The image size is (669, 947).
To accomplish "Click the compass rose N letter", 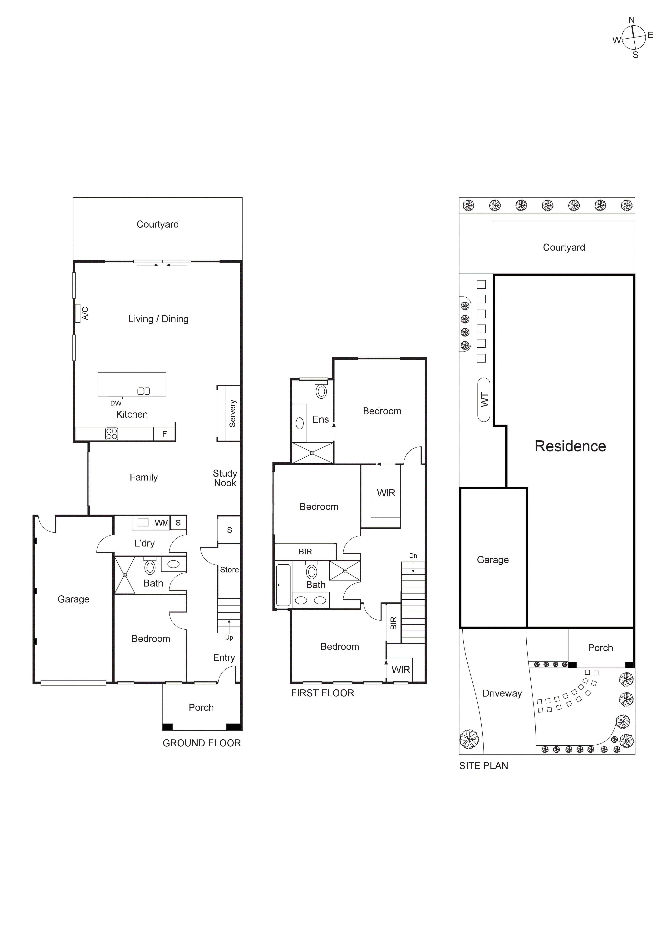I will (632, 20).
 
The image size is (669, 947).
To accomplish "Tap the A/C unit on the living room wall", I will (77, 313).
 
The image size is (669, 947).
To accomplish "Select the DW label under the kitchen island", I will (116, 403).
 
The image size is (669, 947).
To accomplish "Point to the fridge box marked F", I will (165, 434).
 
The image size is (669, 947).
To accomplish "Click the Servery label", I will (233, 413).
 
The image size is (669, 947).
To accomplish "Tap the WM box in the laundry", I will (162, 523).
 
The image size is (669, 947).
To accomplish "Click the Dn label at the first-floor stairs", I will (413, 556).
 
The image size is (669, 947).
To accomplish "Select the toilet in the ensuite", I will (321, 391).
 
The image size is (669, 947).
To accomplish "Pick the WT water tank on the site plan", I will (484, 400).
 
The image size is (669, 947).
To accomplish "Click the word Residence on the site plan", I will (570, 446).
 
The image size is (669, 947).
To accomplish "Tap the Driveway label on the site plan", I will (502, 693).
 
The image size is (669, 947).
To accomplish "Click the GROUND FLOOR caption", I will (202, 743).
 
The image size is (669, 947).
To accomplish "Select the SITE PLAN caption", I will (484, 766).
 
